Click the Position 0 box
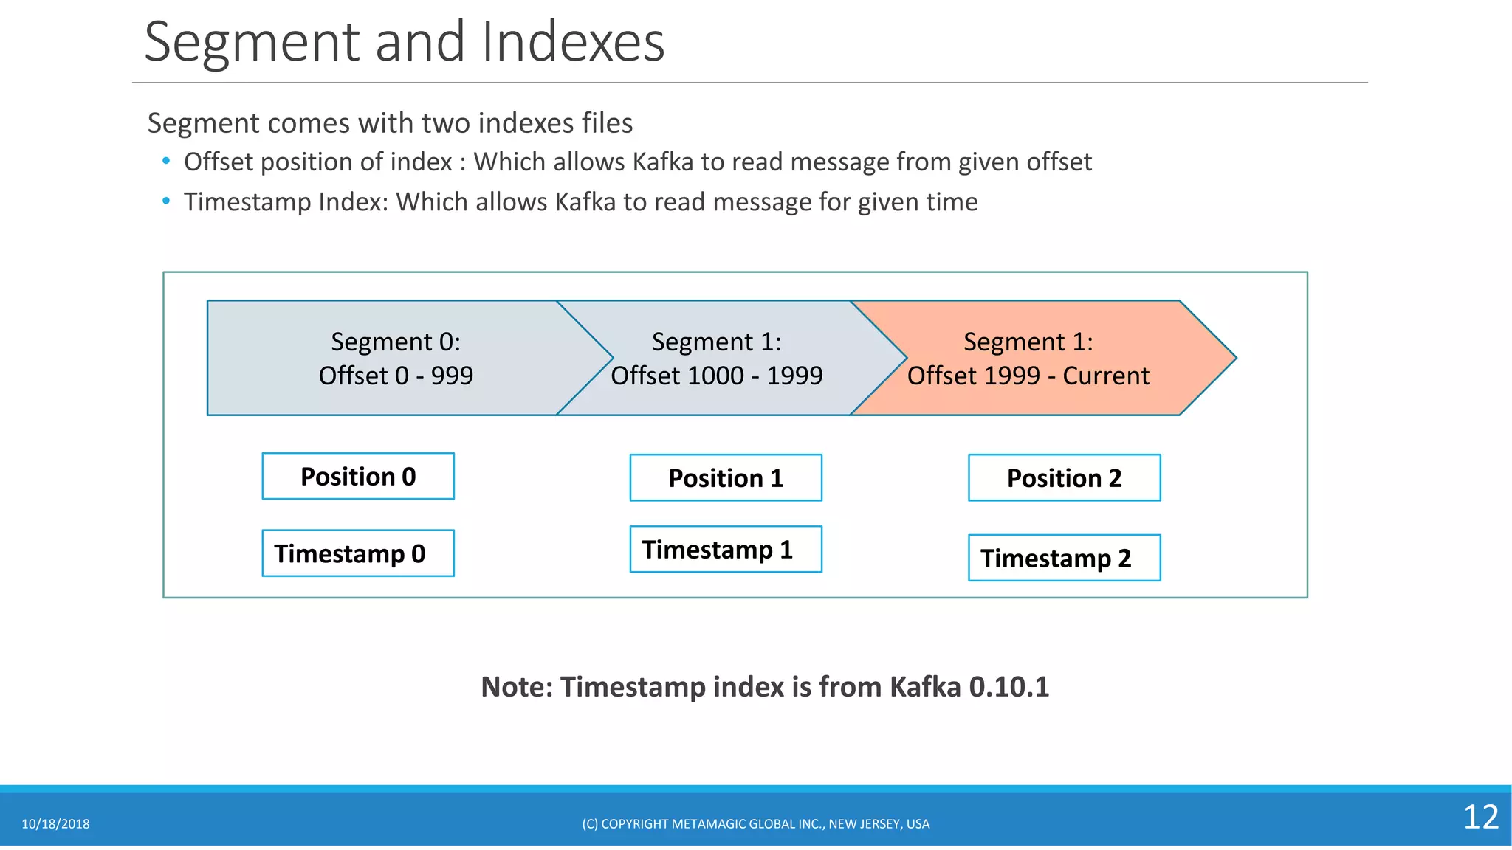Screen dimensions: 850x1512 coord(358,477)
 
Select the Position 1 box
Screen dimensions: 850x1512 coord(726,478)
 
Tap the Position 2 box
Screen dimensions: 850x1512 coord(1064,478)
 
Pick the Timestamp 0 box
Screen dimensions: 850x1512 coord(358,553)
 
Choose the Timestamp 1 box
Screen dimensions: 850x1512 coord(726,550)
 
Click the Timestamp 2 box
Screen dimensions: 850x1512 coord(1064,559)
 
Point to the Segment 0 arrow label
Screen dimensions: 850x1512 coord(396,342)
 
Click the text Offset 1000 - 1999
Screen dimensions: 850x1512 coord(716,376)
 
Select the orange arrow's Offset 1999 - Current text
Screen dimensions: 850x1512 coord(1028,376)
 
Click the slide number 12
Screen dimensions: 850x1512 coord(1480,818)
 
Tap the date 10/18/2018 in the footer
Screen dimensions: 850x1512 coord(55,824)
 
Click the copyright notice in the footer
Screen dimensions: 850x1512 coord(755,824)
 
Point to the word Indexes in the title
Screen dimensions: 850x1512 coord(573,42)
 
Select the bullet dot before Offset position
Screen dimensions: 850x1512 coord(166,161)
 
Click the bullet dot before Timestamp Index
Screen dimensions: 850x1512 coord(166,201)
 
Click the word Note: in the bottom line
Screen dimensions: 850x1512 coord(517,687)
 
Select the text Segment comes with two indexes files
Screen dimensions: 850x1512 coord(390,123)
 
